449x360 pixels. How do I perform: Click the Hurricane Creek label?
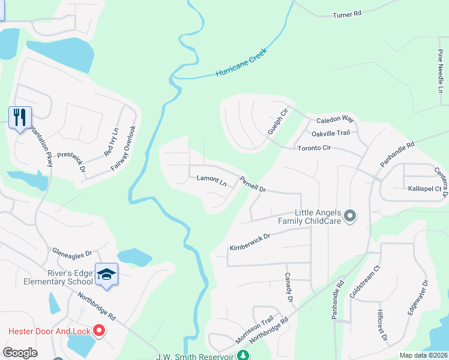click(x=241, y=63)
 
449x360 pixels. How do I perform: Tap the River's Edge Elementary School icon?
click(x=106, y=274)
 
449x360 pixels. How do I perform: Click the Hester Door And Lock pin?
click(x=100, y=331)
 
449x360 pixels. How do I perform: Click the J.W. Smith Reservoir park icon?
click(x=243, y=356)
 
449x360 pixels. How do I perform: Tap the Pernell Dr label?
click(x=253, y=184)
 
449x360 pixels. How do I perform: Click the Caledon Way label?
click(x=336, y=119)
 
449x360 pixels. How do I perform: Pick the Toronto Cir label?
click(x=314, y=147)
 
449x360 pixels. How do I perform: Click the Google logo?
click(x=20, y=353)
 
